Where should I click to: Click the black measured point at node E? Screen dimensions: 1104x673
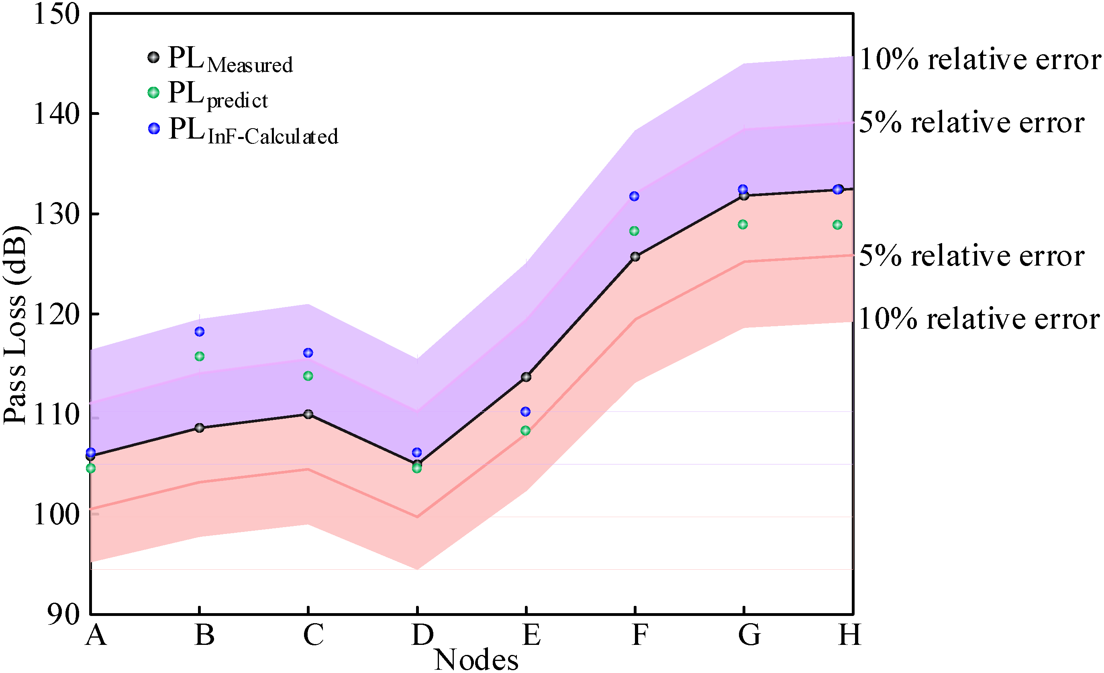tap(526, 377)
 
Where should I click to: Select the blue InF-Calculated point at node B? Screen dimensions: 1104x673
tap(199, 331)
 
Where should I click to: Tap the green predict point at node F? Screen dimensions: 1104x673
tap(634, 231)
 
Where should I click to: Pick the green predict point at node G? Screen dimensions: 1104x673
tap(743, 224)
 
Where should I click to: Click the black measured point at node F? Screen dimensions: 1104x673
tap(635, 256)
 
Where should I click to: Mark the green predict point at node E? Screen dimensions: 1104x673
tap(526, 430)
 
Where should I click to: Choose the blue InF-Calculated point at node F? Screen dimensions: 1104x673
tap(634, 196)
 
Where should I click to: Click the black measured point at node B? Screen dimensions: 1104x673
tap(199, 428)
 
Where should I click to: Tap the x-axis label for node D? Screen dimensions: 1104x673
tap(422, 634)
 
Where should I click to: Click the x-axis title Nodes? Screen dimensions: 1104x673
tap(476, 659)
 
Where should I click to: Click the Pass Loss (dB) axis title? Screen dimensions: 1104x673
tap(15, 325)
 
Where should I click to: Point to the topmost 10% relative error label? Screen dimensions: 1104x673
tap(980, 59)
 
